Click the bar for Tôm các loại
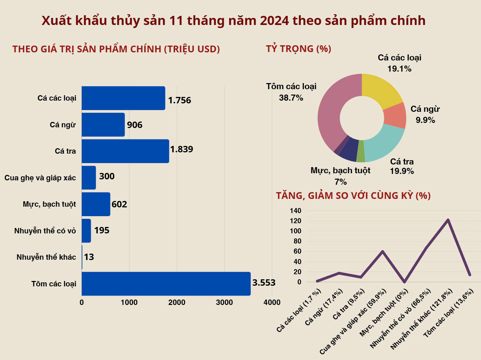[x=166, y=284]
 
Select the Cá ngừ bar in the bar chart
[x=103, y=125]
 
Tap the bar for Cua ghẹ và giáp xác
[x=89, y=178]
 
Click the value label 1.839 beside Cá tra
[x=181, y=149]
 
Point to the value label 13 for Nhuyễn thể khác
[x=89, y=257]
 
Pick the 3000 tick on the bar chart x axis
[x=224, y=303]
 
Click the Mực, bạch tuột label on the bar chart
[x=49, y=204]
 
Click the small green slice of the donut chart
[x=360, y=151]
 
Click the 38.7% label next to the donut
[x=291, y=98]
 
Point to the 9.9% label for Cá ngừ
[x=425, y=120]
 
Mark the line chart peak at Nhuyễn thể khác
[x=448, y=220]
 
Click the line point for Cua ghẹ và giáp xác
[x=383, y=251]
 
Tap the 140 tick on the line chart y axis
[x=295, y=211]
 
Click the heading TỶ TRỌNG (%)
[x=298, y=49]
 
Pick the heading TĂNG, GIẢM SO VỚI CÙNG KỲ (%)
[x=353, y=196]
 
